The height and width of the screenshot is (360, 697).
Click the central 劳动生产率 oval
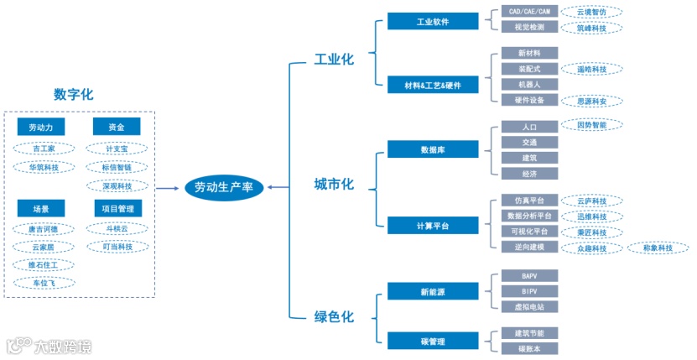click(x=224, y=187)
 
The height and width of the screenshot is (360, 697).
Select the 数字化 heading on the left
click(x=73, y=94)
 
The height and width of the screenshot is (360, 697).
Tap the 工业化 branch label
click(x=334, y=60)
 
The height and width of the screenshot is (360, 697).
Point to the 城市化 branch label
click(x=334, y=184)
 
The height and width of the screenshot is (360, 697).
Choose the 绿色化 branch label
click(x=334, y=316)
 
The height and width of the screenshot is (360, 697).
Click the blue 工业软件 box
click(x=433, y=21)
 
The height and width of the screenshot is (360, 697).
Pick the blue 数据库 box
click(x=433, y=150)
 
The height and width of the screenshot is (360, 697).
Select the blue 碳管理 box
click(x=433, y=341)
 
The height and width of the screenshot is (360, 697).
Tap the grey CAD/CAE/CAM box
click(x=528, y=13)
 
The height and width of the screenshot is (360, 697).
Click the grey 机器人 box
click(x=528, y=85)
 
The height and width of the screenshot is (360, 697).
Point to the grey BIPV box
click(x=528, y=291)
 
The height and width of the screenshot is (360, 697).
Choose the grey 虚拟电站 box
click(x=528, y=307)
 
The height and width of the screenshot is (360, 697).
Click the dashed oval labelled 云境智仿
click(x=592, y=13)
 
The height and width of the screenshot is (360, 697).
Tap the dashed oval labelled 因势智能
click(x=592, y=125)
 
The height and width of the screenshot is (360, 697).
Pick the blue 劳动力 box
click(x=41, y=128)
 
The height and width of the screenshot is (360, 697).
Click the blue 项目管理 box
click(x=117, y=208)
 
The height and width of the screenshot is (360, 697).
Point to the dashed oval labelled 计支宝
click(x=117, y=149)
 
